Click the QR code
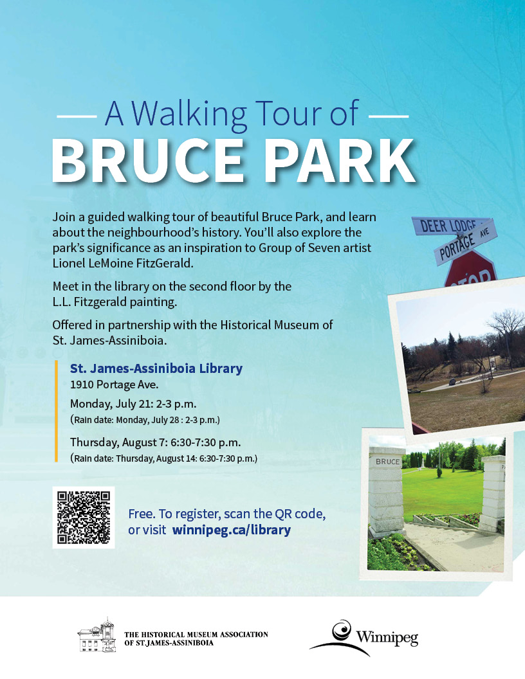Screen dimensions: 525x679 tap(84, 517)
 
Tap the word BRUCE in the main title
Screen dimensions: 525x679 tap(149, 162)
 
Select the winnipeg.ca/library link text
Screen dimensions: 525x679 tap(232, 530)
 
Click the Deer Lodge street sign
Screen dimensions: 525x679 tap(450, 225)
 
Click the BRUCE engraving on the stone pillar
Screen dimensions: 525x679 tap(388, 462)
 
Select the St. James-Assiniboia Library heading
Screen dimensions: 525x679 tap(156, 368)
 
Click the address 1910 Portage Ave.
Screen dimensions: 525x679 tap(115, 385)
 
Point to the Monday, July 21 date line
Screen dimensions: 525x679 tap(133, 404)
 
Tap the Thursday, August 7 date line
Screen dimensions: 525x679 tap(156, 442)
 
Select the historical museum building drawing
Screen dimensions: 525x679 tap(97, 635)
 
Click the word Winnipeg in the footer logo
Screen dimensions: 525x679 tap(387, 637)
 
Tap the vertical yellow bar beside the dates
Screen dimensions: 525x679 tap(56, 411)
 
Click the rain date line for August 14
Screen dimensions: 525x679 tap(163, 458)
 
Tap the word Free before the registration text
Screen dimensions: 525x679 tap(142, 514)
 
